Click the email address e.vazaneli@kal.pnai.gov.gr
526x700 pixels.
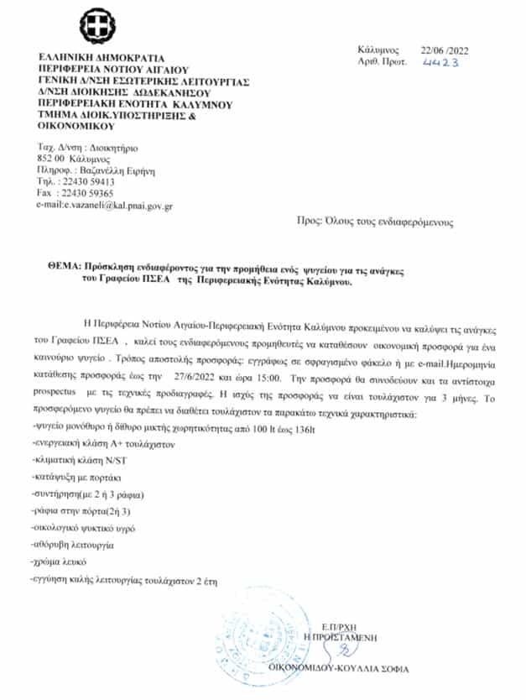point(107,205)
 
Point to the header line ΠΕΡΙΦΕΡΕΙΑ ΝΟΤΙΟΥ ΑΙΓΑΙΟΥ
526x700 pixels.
point(114,69)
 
